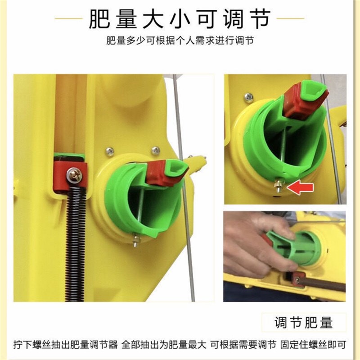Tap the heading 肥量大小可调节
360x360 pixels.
point(180,19)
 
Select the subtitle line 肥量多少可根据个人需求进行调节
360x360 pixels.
point(180,40)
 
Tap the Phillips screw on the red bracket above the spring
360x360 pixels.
point(74,175)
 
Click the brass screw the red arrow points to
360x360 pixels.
point(279,187)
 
